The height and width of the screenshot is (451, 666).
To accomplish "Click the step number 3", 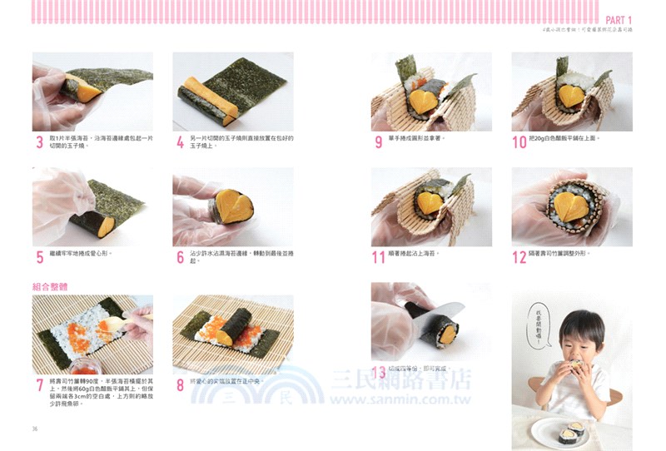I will [39, 142].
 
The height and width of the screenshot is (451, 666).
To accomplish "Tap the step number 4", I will [180, 142].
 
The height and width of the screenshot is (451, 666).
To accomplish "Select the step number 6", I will [180, 257].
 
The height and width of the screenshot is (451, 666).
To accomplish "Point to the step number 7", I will [39, 385].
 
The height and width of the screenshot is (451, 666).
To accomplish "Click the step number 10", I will [519, 142].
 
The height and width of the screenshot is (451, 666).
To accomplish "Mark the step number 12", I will [519, 257].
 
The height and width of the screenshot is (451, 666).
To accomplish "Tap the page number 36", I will [35, 429].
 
